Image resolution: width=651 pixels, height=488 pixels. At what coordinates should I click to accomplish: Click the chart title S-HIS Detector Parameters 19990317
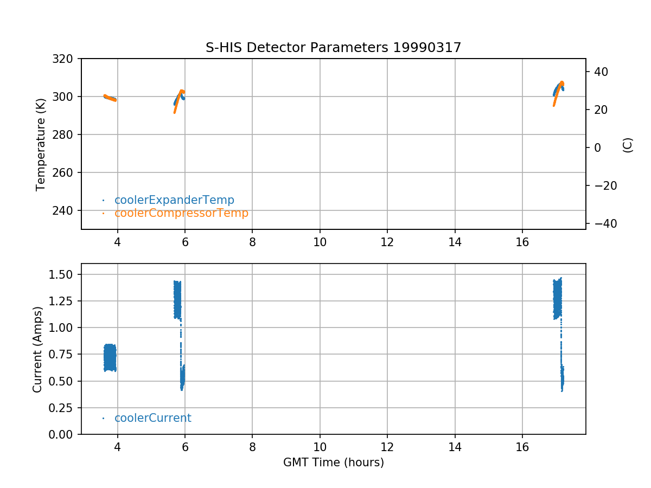pos(333,48)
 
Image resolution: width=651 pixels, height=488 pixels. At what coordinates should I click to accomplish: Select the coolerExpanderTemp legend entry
pos(174,200)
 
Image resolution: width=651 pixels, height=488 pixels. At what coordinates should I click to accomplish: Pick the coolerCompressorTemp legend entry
pos(181,213)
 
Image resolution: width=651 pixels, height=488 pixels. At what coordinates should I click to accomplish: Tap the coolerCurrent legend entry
pos(152,418)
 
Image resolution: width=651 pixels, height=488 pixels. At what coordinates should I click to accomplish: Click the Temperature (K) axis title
pos(41,144)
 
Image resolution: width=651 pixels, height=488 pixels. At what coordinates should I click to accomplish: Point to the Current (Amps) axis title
pos(37,349)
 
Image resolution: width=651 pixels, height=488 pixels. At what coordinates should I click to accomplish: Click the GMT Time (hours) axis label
pos(333,463)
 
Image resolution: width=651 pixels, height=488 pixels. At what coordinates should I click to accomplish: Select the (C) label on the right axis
pos(628,145)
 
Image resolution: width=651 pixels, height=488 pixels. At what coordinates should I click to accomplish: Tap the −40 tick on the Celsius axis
pos(602,224)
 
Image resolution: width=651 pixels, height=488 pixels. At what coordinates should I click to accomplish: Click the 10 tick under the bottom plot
pos(320,446)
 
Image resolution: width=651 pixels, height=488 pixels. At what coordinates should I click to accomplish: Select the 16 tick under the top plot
pos(522,241)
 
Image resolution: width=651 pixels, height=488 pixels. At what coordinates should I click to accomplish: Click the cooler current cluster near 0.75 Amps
pos(110,358)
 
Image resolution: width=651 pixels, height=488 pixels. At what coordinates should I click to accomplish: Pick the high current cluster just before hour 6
pos(177,299)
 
